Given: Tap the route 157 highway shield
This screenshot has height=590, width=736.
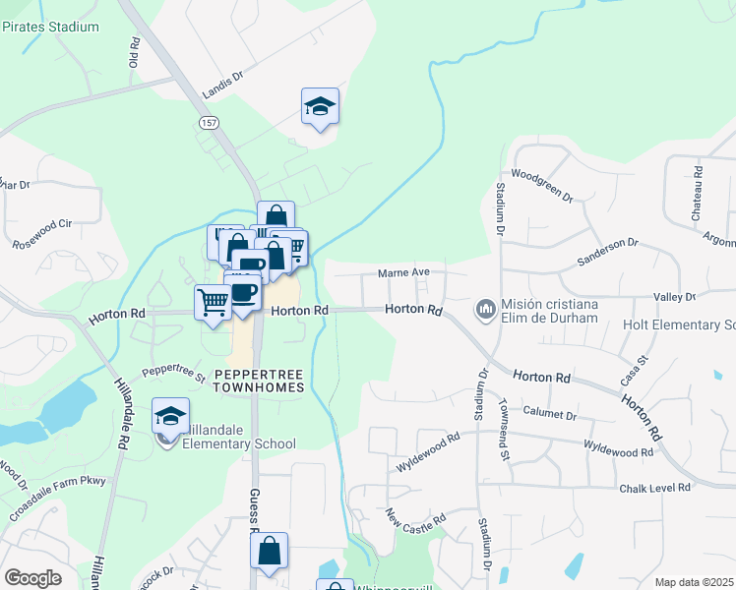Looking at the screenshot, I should click(x=208, y=122).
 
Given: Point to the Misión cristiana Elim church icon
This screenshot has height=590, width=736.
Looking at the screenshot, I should click(x=485, y=310).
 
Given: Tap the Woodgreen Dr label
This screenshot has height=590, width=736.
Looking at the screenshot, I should click(x=542, y=183).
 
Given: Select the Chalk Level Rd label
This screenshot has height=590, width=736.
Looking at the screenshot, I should click(x=658, y=489).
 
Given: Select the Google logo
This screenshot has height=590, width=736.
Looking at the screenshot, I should click(x=32, y=577).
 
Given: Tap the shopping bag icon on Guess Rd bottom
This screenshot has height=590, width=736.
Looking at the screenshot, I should click(x=269, y=553).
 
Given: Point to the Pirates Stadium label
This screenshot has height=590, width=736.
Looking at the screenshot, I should click(x=50, y=27).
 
